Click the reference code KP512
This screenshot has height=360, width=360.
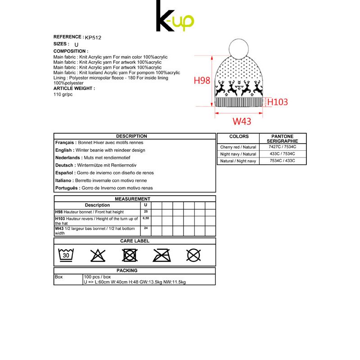93,38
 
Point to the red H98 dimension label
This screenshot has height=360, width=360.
202,81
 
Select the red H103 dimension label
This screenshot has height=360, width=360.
277,102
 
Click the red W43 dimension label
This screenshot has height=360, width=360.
242,121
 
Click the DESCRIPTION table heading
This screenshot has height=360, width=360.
131,136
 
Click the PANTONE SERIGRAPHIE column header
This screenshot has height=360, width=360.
283,139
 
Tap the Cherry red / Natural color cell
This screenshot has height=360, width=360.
238,147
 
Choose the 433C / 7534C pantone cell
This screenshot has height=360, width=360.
283,154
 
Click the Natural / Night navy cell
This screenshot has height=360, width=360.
238,161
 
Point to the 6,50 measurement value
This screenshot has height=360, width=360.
145,218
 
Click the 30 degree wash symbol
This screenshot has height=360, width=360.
66,255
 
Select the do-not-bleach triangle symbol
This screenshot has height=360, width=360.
98,256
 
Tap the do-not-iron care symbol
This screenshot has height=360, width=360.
162,256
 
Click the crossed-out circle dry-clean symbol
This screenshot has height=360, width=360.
193,256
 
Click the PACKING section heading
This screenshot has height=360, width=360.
127,271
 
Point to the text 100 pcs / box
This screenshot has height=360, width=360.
97,277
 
